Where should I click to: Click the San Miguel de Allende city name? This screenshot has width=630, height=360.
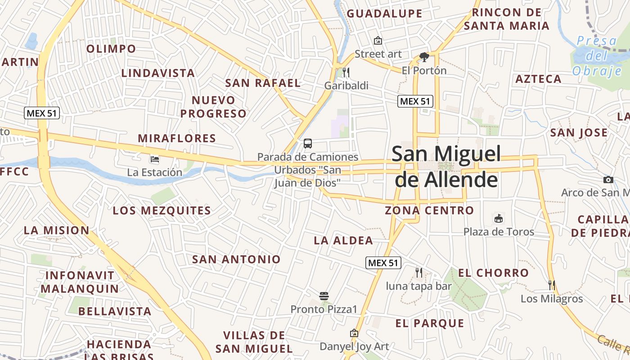click(446, 166)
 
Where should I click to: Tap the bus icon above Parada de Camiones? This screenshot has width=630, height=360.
click(308, 144)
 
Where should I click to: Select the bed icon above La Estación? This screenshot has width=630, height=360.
click(154, 159)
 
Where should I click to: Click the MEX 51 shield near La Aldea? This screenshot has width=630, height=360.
click(383, 263)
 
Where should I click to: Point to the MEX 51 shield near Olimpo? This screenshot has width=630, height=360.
click(42, 113)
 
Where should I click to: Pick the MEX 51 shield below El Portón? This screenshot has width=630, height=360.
click(415, 101)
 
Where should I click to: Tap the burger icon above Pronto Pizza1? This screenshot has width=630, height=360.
click(324, 296)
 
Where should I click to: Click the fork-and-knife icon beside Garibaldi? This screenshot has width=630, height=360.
click(346, 72)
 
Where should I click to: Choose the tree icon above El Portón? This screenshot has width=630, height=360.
click(424, 57)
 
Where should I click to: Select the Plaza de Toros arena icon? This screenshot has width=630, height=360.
click(499, 219)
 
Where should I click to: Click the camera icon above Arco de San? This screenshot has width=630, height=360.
click(608, 180)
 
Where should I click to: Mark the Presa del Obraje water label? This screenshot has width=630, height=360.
click(597, 56)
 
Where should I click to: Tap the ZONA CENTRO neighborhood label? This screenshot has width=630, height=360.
click(429, 210)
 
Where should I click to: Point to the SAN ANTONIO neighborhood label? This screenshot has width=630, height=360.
click(236, 259)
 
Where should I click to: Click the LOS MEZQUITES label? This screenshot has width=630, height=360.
click(162, 211)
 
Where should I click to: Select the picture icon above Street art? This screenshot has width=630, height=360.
click(378, 40)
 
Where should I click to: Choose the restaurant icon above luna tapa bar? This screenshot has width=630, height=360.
click(418, 272)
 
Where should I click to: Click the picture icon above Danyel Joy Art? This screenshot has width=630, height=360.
click(354, 333)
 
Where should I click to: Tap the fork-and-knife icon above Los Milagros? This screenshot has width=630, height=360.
click(552, 285)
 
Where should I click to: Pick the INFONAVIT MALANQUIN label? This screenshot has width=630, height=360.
click(82, 282)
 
